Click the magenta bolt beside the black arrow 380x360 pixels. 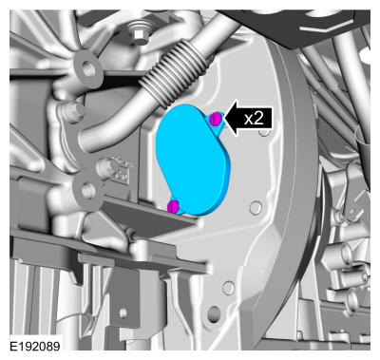click(x=216, y=119)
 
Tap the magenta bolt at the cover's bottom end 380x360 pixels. click(x=173, y=206)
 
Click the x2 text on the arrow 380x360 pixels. click(x=254, y=119)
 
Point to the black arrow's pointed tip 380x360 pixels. click(x=225, y=119)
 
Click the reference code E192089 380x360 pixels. click(x=35, y=346)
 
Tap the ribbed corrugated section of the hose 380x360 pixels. click(x=174, y=73)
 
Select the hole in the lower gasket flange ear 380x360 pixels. click(x=87, y=191)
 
